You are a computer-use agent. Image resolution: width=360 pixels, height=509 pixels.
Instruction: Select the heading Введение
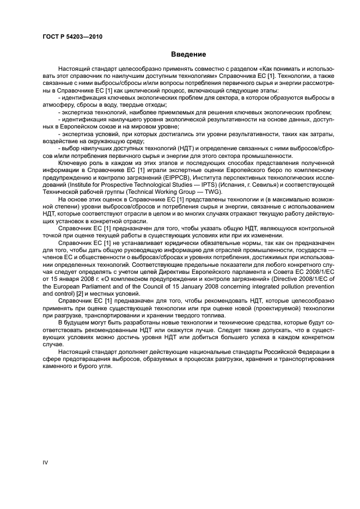click(188, 54)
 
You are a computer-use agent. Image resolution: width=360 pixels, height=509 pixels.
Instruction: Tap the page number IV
click(46, 462)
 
